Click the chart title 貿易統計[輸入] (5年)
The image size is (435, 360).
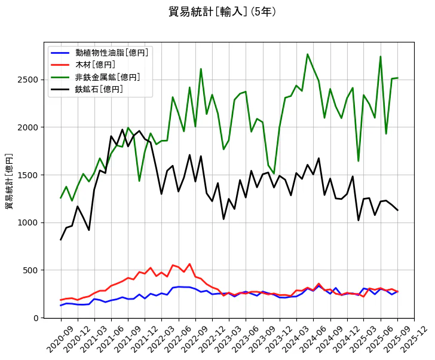[x=222, y=12]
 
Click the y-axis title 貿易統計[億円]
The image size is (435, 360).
[x=10, y=181]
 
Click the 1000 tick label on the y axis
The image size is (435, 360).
[x=27, y=223]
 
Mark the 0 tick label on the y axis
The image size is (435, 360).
[x=36, y=318]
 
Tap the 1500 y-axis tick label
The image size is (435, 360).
[x=27, y=175]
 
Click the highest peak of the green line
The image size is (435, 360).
[x=308, y=54]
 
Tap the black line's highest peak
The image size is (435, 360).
[x=122, y=130]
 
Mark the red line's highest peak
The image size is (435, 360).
[x=189, y=264]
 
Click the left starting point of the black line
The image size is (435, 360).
[x=61, y=240]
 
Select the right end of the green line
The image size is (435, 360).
[x=397, y=78]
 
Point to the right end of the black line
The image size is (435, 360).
[x=397, y=210]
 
